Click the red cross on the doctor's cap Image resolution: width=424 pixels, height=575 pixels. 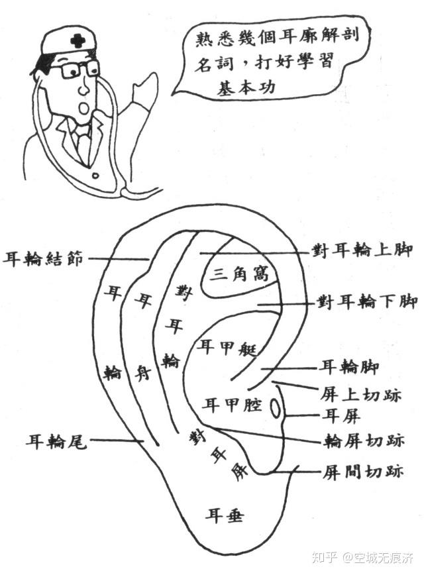[78, 40]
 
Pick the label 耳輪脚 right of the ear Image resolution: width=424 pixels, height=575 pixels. [348, 365]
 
